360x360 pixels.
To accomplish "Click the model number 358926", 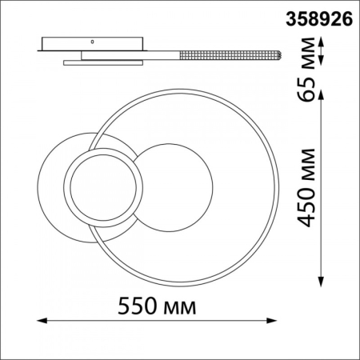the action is (319, 19).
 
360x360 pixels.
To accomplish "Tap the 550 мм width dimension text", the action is (157, 306).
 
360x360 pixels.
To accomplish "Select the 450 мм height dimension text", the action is (306, 188).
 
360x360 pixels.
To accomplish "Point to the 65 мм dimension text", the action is (306, 70).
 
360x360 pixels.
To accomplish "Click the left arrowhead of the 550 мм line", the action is (42, 320).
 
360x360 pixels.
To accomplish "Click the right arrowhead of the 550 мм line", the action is (272, 320).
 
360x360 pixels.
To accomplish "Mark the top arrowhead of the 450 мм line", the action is (322, 94).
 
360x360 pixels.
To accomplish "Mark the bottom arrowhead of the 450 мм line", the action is (322, 282).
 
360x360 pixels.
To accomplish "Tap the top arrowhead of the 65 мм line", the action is (322, 42).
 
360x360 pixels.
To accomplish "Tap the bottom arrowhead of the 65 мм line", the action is (322, 60).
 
